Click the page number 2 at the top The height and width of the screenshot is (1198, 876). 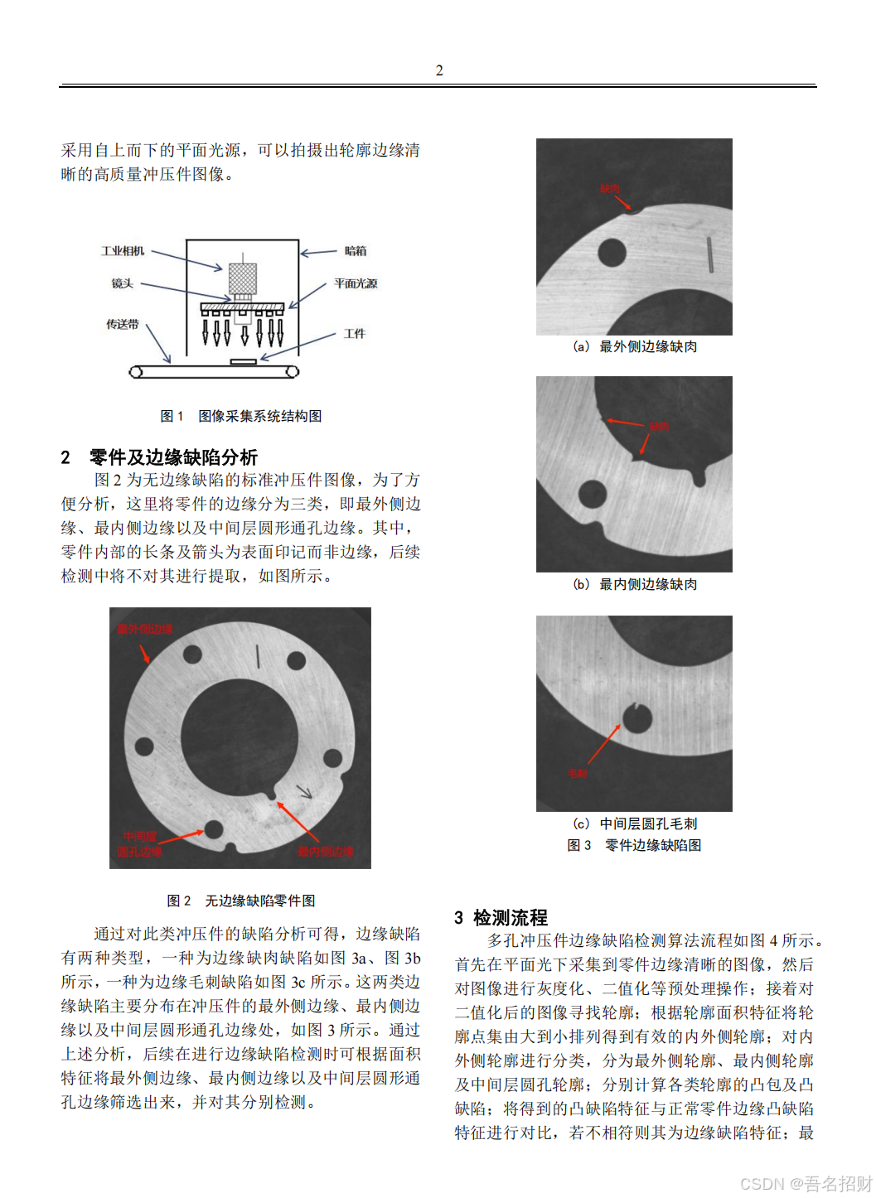tap(439, 70)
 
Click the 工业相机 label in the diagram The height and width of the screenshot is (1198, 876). tap(123, 251)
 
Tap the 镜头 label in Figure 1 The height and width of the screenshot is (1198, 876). tap(123, 283)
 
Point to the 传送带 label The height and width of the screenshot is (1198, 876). tap(123, 324)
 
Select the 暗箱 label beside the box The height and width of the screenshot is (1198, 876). tap(356, 251)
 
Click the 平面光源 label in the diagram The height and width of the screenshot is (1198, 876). tap(356, 283)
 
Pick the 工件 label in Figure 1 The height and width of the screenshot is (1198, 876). tap(355, 334)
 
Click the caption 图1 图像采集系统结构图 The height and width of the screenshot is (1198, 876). tap(240, 416)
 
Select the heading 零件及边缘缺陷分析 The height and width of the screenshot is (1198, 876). tap(173, 457)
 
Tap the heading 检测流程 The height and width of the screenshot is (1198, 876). tap(510, 918)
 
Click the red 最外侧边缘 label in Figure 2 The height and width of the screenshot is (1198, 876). tap(145, 629)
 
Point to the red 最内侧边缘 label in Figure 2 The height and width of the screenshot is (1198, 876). tap(326, 851)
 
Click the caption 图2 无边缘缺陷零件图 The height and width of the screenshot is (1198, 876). tap(240, 901)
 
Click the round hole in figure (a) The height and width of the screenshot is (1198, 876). tap(612, 254)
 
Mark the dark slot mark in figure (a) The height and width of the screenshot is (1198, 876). tap(710, 254)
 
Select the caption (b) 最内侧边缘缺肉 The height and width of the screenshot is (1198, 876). tap(635, 584)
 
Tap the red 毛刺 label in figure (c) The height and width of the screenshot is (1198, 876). tap(577, 773)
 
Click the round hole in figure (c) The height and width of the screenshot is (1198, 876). tap(636, 718)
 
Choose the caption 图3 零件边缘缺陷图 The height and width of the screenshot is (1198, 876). tap(634, 845)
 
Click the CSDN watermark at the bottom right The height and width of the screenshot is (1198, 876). tap(806, 1183)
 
